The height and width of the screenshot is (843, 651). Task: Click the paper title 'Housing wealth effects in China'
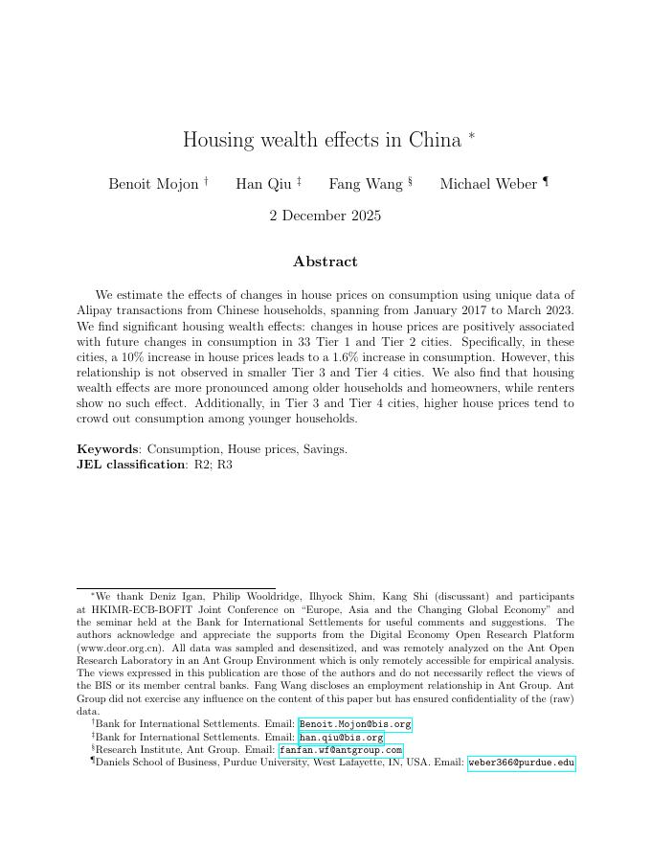point(322,140)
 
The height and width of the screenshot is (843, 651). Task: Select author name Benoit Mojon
point(153,184)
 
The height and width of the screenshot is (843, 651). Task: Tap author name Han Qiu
point(263,184)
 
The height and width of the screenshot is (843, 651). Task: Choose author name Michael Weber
point(488,184)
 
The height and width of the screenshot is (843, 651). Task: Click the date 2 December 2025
point(325,216)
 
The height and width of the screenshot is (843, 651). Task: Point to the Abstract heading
point(325,262)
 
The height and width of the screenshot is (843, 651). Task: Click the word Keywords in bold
point(107,448)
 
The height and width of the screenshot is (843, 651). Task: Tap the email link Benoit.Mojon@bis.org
point(355,724)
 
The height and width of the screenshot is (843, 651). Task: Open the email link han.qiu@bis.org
point(342,738)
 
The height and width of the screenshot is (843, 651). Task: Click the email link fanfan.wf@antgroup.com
point(341,750)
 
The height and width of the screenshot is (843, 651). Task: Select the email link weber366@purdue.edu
point(521,763)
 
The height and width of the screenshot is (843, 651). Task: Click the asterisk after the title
point(471,136)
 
